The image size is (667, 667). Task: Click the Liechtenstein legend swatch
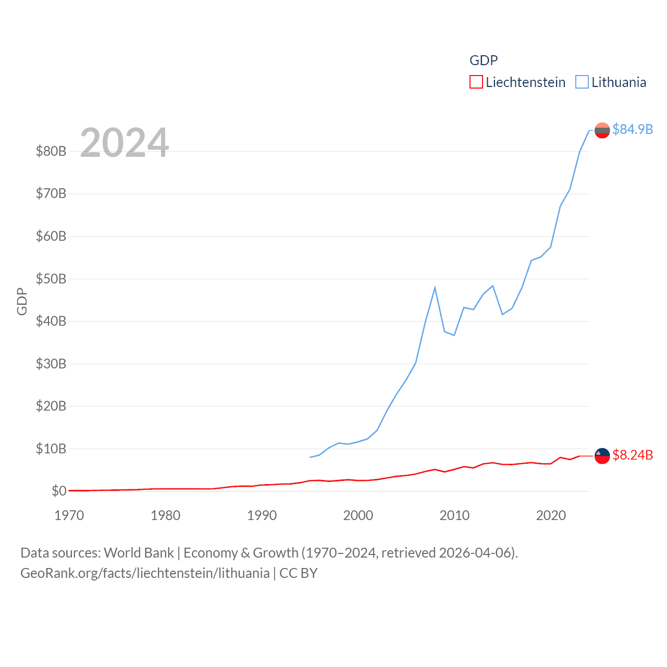476,82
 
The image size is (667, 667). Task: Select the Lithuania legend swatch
582,82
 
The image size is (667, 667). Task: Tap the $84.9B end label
633,129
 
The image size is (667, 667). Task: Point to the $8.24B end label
633,455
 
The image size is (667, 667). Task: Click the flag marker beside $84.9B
602,130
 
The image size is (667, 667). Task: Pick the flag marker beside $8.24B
602,455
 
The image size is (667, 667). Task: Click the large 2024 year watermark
124,143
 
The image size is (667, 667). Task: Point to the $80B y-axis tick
51,151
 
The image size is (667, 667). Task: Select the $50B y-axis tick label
51,279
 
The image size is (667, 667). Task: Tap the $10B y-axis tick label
51,449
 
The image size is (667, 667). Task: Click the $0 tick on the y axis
59,491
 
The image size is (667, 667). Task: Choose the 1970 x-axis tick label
69,515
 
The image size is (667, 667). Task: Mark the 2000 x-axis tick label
358,515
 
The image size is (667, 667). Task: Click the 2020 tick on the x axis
551,515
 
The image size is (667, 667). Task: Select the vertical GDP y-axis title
22,301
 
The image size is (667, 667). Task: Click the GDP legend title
484,60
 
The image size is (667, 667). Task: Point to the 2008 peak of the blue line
435,288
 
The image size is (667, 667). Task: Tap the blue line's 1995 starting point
310,457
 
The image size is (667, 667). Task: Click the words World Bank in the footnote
139,552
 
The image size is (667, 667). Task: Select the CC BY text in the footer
299,573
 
